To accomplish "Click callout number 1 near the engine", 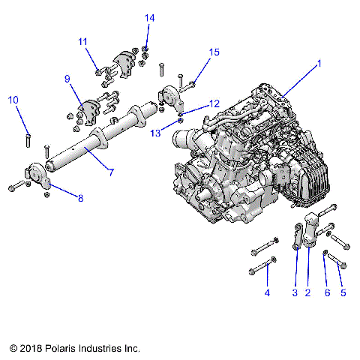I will click(319, 64).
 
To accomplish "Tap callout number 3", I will click(295, 292).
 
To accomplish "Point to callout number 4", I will click(267, 292).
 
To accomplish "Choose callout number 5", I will click(343, 292).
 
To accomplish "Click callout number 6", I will click(327, 292).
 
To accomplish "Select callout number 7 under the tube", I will click(110, 172).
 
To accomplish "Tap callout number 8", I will click(80, 198).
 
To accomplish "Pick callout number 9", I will click(67, 79).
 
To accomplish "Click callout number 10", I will click(13, 100).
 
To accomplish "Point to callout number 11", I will click(82, 42).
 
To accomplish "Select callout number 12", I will click(214, 103).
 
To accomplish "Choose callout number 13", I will click(157, 133).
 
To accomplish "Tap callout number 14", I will click(149, 17).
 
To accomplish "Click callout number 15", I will click(214, 52).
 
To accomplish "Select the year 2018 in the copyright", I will click(33, 349).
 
